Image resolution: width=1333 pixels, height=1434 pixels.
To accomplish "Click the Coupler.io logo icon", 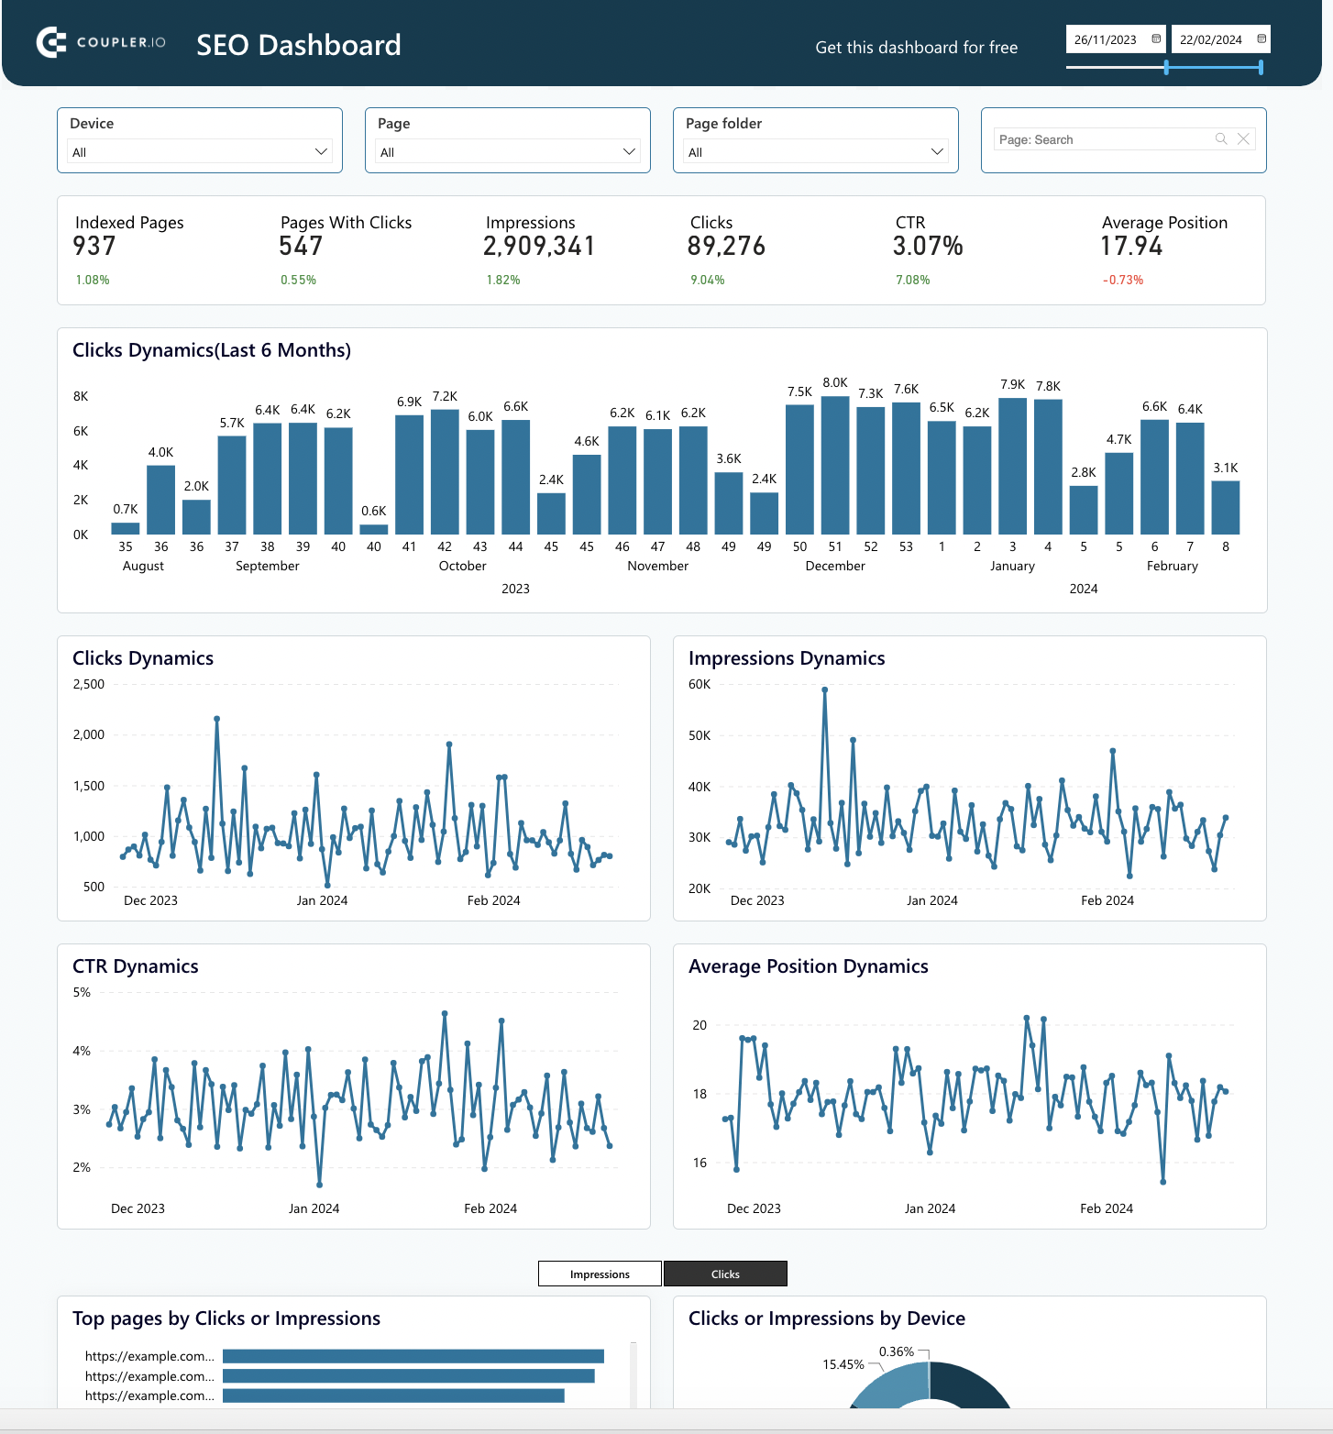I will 51,42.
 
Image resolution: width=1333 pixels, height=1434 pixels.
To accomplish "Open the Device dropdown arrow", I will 321,151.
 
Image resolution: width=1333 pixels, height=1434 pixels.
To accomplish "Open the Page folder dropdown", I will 815,151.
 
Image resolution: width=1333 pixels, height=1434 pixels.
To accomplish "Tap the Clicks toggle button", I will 725,1274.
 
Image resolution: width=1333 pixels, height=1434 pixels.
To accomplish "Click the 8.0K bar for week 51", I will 835,465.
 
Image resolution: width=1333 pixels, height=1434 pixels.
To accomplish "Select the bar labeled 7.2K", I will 445,471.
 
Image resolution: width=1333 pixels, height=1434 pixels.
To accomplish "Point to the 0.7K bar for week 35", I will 126,528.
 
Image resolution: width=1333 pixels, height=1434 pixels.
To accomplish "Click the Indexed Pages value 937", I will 94,246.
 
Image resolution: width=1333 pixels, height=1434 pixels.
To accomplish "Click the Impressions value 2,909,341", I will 539,246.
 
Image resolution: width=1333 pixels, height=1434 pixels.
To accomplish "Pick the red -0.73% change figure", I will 1123,280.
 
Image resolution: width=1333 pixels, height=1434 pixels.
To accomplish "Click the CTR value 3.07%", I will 928,246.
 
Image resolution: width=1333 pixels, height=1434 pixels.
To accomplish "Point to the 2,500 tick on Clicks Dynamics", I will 89,684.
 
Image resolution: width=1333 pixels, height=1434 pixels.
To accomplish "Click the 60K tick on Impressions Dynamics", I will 700,684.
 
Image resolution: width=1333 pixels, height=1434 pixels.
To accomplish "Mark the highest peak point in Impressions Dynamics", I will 825,689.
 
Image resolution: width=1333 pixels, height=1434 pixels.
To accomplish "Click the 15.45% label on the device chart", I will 843,1364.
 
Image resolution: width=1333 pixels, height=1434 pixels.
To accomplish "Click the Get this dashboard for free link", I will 916,48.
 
